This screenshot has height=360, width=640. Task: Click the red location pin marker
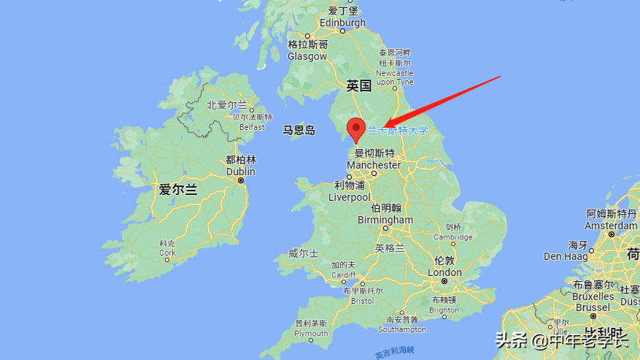click(x=356, y=129)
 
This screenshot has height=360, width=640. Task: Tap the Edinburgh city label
click(x=342, y=23)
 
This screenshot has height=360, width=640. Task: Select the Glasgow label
click(x=307, y=56)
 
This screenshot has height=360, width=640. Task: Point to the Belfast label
click(x=252, y=126)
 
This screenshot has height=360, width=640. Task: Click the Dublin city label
click(x=240, y=172)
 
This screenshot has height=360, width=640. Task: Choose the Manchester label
click(x=374, y=165)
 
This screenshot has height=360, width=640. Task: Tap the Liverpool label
click(x=350, y=197)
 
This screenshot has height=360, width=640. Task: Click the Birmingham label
click(x=385, y=220)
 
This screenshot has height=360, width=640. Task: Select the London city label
click(x=444, y=272)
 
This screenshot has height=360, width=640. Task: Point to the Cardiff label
click(x=343, y=275)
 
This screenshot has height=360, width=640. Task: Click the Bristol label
click(x=362, y=300)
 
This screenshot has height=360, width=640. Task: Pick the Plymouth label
click(x=311, y=333)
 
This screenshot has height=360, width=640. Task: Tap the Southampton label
click(x=402, y=329)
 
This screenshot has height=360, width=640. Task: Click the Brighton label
click(x=444, y=310)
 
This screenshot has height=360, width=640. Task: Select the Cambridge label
click(x=453, y=237)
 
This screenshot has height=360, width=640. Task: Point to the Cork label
click(x=167, y=253)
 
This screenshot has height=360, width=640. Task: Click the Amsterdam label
click(x=612, y=226)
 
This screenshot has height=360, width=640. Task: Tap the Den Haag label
click(x=563, y=256)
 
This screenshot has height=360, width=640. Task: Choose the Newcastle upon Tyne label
click(x=395, y=77)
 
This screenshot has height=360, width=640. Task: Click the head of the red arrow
click(x=388, y=126)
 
